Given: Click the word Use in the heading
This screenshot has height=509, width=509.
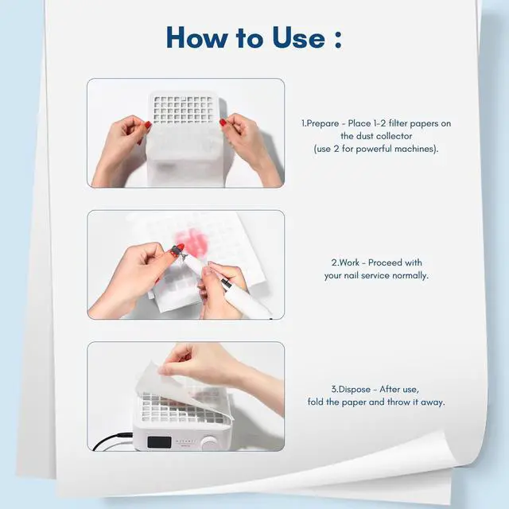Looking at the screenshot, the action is tap(299, 37).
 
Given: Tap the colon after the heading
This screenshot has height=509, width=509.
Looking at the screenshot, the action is tap(338, 41).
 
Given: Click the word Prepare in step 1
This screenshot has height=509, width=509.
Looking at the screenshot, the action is tap(322, 124).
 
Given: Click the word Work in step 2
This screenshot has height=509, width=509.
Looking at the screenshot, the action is tap(348, 262).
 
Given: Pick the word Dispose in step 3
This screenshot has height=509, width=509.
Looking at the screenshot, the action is tap(355, 390).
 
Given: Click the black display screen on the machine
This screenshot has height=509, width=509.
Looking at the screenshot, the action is tap(159, 441).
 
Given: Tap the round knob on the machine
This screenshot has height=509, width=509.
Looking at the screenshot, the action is tap(209, 443).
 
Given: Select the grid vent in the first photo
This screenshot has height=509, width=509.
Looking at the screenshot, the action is tap(184, 109).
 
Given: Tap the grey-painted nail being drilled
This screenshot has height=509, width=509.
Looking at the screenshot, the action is tap(177, 250).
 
